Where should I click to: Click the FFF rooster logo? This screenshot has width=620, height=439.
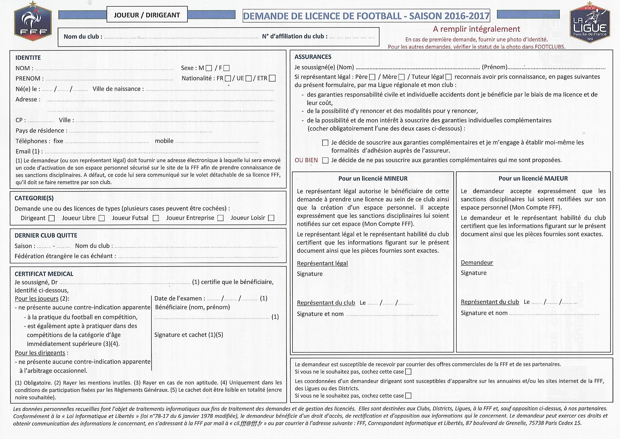pyautogui.click(x=33, y=21)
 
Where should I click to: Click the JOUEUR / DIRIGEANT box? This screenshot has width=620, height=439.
pyautogui.click(x=147, y=15)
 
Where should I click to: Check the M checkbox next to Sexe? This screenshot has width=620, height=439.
pyautogui.click(x=209, y=68)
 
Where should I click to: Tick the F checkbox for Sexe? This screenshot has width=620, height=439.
pyautogui.click(x=226, y=68)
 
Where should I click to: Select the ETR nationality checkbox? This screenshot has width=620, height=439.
pyautogui.click(x=272, y=78)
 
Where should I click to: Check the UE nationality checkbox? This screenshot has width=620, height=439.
pyautogui.click(x=248, y=78)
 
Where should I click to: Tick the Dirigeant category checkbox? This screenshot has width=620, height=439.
pyautogui.click(x=51, y=218)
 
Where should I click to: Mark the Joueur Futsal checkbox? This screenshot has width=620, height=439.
pyautogui.click(x=156, y=218)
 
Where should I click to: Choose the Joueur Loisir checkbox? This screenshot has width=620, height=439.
pyautogui.click(x=271, y=218)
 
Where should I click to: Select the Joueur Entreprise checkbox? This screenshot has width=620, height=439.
pyautogui.click(x=220, y=218)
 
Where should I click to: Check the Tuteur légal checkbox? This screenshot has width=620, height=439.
pyautogui.click(x=448, y=77)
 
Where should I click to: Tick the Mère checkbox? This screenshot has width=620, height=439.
pyautogui.click(x=401, y=77)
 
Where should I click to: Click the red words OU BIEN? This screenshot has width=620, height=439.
pyautogui.click(x=306, y=160)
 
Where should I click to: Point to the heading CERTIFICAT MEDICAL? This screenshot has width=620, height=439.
pyautogui.click(x=44, y=274)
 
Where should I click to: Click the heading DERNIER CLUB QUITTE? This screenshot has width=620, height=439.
pyautogui.click(x=46, y=235)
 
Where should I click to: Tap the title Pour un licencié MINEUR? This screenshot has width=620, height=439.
pyautogui.click(x=373, y=178)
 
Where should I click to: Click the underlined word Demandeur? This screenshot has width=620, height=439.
pyautogui.click(x=477, y=262)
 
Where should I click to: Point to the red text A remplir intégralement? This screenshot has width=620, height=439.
pyautogui.click(x=476, y=29)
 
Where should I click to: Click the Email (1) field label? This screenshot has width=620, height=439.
pyautogui.click(x=27, y=151)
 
